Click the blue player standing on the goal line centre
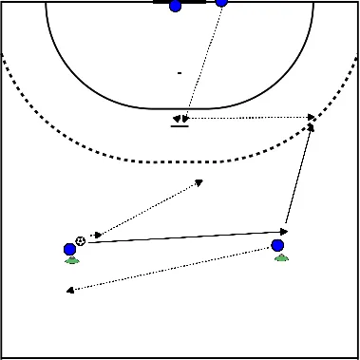click(x=175, y=6)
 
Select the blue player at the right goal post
click(x=221, y=2)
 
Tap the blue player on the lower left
click(x=69, y=250)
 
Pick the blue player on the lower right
click(x=277, y=245)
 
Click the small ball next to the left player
click(x=80, y=240)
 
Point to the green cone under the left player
click(x=71, y=260)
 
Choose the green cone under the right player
click(x=280, y=256)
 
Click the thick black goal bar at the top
click(x=190, y=2)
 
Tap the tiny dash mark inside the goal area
click(x=179, y=72)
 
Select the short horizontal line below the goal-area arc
click(x=178, y=125)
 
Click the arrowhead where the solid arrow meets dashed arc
click(x=310, y=127)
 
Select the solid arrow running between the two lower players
click(x=180, y=236)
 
